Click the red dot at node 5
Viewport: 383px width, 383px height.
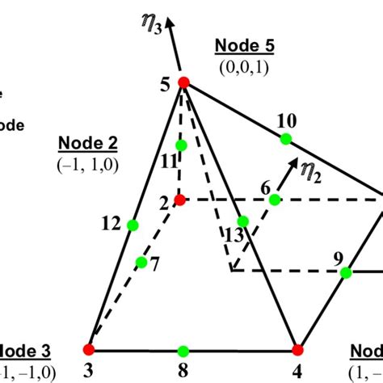183,82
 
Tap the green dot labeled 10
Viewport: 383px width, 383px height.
285,139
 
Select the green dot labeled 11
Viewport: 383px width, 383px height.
181,145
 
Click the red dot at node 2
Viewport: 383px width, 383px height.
180,199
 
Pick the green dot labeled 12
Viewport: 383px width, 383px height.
133,225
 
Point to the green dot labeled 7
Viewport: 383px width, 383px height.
141,262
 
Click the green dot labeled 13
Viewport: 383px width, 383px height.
242,221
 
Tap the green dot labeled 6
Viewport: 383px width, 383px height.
275,200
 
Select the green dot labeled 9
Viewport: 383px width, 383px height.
346,273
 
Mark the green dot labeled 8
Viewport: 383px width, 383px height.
183,351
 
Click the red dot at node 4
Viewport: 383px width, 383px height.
297,350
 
